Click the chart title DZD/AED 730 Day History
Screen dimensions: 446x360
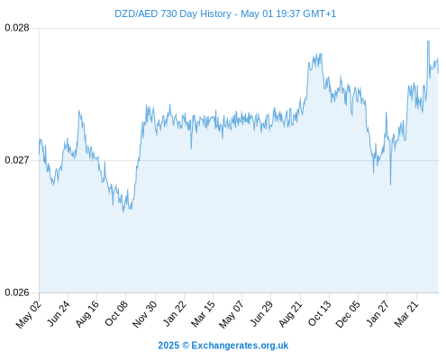point(173,13)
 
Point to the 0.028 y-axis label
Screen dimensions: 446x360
point(17,28)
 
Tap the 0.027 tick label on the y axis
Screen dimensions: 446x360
point(17,160)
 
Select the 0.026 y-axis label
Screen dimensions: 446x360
point(17,292)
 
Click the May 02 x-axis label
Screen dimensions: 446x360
point(28,314)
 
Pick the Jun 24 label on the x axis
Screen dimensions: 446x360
point(59,313)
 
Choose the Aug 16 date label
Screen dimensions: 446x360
point(87,313)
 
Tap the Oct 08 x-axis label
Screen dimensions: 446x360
point(116,313)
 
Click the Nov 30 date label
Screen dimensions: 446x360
point(144,314)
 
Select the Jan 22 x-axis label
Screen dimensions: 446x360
point(175,313)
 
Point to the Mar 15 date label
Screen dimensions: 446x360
point(204,313)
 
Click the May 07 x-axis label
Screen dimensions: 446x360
point(231,314)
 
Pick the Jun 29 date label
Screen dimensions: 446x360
point(261,313)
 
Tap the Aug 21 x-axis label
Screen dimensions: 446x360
point(290,313)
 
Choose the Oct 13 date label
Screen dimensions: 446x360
point(320,313)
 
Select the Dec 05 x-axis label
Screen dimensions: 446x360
point(348,314)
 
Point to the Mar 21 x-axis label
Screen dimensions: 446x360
point(406,313)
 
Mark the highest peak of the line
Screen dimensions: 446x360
point(428,41)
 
